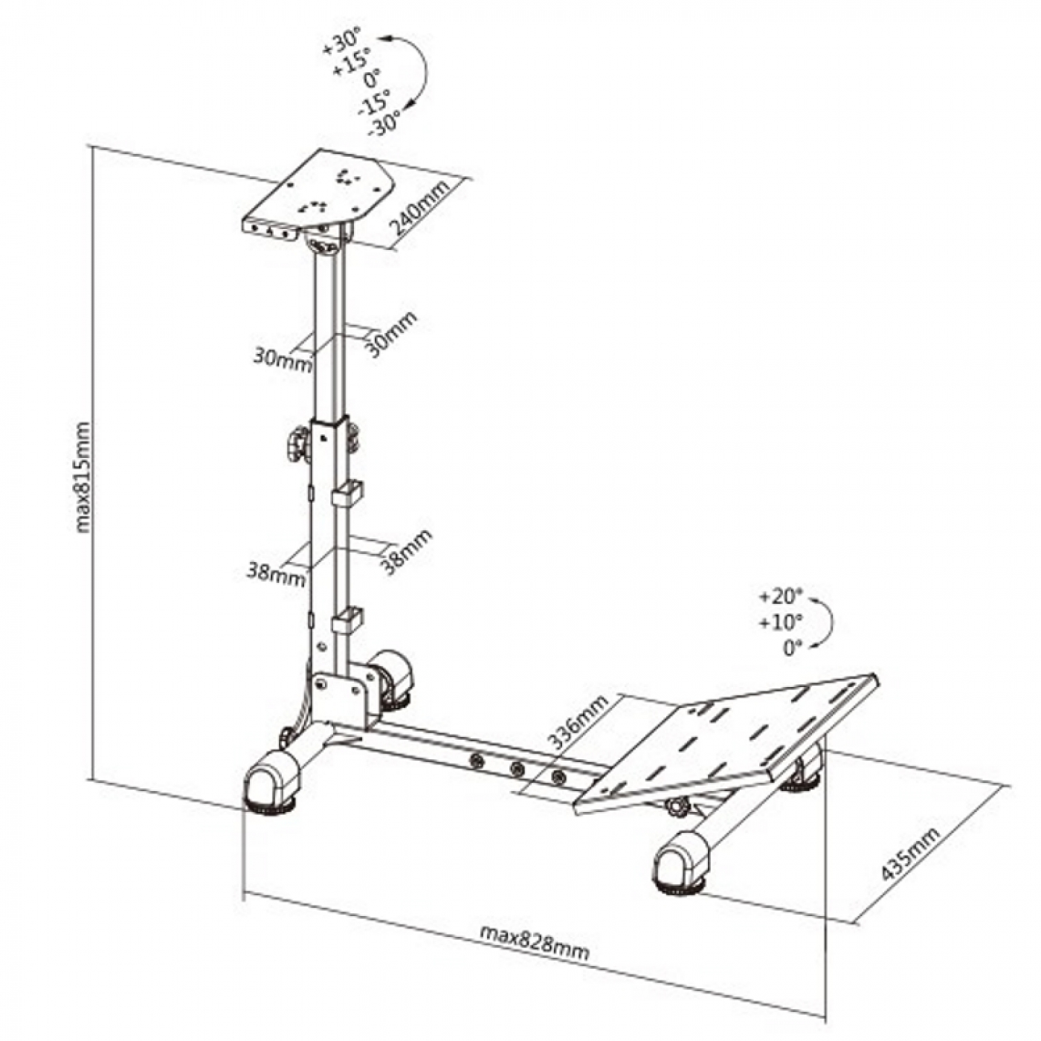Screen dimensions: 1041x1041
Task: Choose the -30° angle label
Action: click(x=384, y=125)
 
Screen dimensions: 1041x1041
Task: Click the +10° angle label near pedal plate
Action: click(x=781, y=623)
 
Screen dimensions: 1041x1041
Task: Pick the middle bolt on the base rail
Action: click(x=517, y=768)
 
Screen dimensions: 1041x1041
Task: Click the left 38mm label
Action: click(x=276, y=573)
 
